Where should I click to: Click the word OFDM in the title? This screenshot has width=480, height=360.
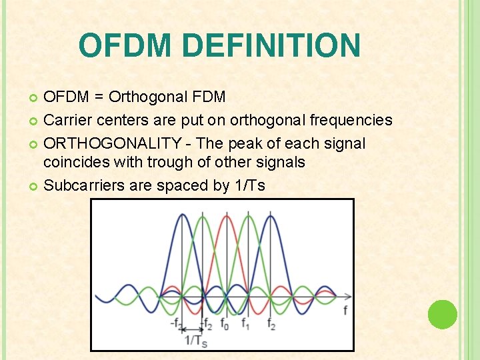point(125,45)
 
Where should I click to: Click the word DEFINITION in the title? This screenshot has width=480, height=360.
point(271,45)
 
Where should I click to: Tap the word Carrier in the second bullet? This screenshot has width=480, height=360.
point(67,120)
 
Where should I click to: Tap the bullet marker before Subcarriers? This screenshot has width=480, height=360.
point(35,186)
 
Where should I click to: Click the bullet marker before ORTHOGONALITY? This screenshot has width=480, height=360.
point(35,144)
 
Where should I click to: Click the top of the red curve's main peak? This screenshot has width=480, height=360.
point(226,216)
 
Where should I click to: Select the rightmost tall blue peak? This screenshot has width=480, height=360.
point(271,215)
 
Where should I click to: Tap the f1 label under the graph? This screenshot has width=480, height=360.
point(246,325)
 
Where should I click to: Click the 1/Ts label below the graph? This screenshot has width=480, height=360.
point(195,341)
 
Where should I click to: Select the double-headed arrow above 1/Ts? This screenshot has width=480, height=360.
point(193,329)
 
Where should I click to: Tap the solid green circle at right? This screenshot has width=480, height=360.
point(442,315)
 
